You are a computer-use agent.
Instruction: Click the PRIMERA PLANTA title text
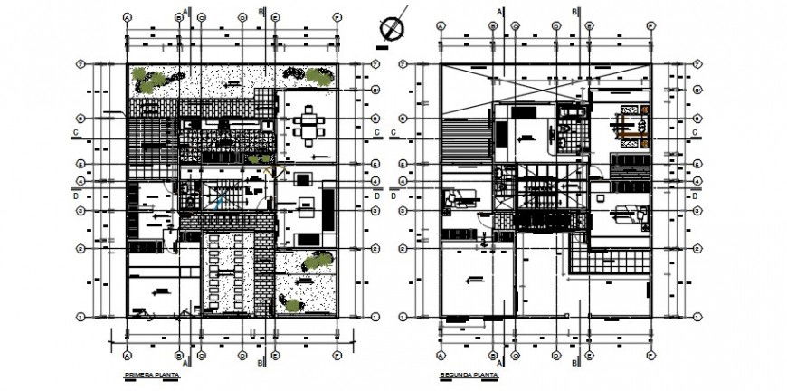151,374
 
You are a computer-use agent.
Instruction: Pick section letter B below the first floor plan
261,364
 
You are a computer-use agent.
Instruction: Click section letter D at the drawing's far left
76,193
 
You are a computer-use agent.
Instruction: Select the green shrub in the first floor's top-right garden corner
318,77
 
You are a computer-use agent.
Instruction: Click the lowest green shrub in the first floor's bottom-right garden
291,305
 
